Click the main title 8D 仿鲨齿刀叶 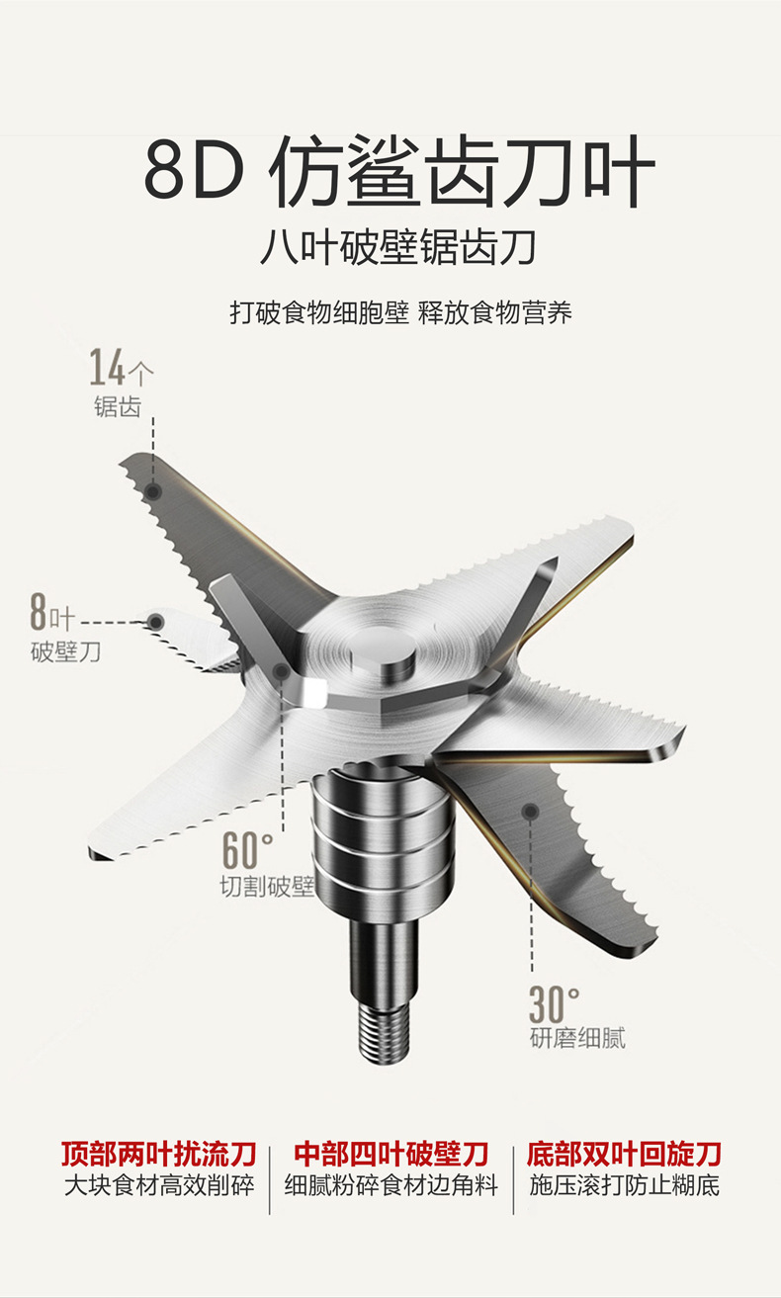399,175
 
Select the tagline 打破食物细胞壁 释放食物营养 400,313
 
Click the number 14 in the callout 109,368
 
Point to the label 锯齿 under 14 117,407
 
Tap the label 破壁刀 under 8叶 65,653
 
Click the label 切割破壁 266,887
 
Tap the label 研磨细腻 577,1038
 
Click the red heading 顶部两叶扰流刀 159,1153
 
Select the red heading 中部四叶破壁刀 391,1153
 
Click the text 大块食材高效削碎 159,1185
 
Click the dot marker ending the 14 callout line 152,490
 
